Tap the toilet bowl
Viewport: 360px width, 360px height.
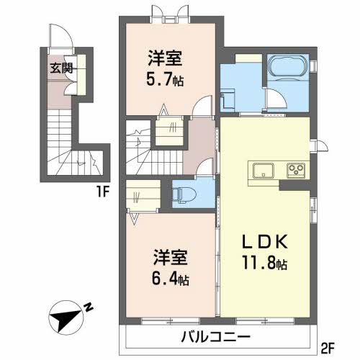(182, 192)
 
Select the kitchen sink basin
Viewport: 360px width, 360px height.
(264, 171)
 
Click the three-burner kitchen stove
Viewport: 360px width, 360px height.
(296, 171)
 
